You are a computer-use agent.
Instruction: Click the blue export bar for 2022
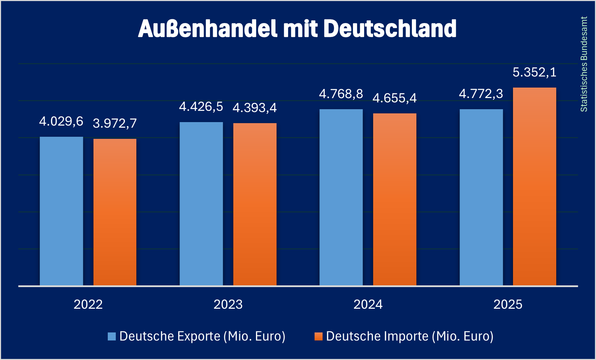pyautogui.click(x=61, y=211)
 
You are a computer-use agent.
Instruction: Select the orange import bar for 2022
pyautogui.click(x=115, y=212)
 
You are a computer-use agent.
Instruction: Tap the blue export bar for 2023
pyautogui.click(x=201, y=204)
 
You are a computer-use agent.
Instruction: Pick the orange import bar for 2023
pyautogui.click(x=255, y=204)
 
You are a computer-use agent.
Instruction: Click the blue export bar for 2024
pyautogui.click(x=341, y=197)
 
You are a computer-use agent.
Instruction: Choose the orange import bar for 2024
pyautogui.click(x=394, y=200)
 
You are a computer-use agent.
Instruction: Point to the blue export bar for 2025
pyautogui.click(x=481, y=197)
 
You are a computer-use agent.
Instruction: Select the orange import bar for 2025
pyautogui.click(x=534, y=187)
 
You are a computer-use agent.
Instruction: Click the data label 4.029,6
pyautogui.click(x=61, y=121)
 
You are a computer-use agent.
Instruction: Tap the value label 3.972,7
pyautogui.click(x=115, y=123)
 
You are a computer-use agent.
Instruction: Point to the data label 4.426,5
pyautogui.click(x=201, y=107)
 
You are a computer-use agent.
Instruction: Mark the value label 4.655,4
pyautogui.click(x=394, y=98)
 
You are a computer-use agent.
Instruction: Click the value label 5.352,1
pyautogui.click(x=534, y=73)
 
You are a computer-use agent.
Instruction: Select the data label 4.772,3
pyautogui.click(x=481, y=94)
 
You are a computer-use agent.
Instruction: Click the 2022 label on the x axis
pyautogui.click(x=88, y=305)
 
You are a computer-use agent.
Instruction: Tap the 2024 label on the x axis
pyautogui.click(x=368, y=305)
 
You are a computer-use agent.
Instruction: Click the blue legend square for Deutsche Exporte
pyautogui.click(x=112, y=336)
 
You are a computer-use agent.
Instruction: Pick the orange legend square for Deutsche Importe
pyautogui.click(x=318, y=336)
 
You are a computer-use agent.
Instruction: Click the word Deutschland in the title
pyautogui.click(x=390, y=29)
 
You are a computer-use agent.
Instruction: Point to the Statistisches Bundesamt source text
pyautogui.click(x=584, y=64)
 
